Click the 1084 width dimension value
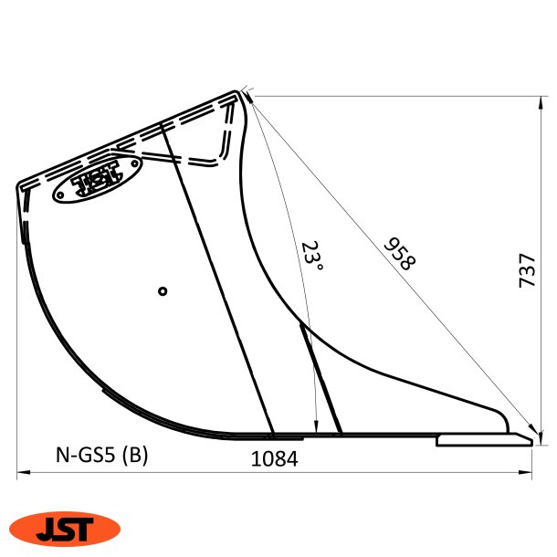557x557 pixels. (x=274, y=459)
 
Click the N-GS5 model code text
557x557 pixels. (x=86, y=454)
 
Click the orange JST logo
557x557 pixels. (x=64, y=529)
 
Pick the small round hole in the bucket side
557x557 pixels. (x=162, y=291)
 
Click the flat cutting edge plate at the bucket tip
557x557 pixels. (x=484, y=440)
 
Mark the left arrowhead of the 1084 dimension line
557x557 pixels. (x=22, y=473)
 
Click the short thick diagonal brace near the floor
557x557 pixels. (x=321, y=378)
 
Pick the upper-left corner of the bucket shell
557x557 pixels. (x=20, y=185)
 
